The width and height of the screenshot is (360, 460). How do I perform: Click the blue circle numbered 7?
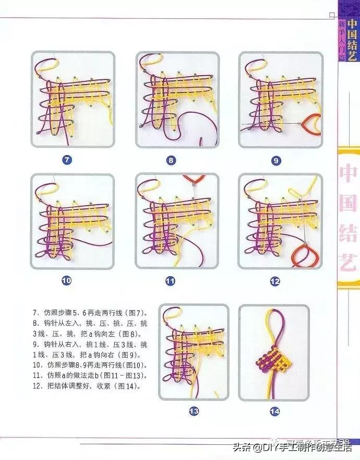coord(67,160)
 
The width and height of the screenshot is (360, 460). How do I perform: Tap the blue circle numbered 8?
coord(171,160)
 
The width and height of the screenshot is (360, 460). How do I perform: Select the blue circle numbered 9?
coord(275,160)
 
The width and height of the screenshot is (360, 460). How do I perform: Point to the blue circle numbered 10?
coord(66,281)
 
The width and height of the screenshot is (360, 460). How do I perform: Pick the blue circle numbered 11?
coord(170,281)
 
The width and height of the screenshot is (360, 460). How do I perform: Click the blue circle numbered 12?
coord(275,281)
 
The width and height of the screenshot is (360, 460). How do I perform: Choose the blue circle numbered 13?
coord(194,411)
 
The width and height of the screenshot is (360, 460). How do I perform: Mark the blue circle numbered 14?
coord(275,411)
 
